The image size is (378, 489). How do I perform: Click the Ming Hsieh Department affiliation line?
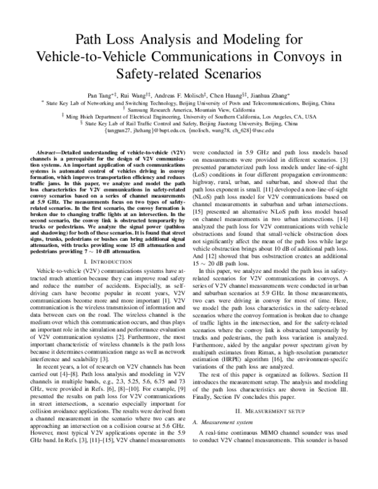click(x=189, y=117)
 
